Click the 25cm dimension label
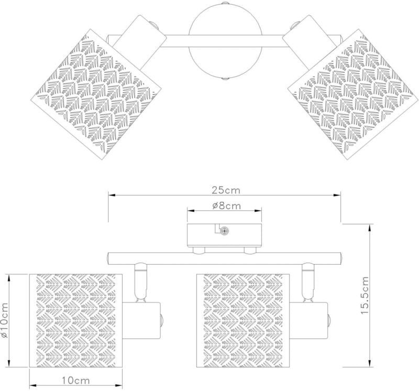[226, 190]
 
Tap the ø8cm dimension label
[227, 205]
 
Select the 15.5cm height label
[365, 295]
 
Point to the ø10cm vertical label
[5, 320]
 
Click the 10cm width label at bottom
[76, 380]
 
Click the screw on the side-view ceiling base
[224, 231]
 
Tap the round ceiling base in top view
[225, 41]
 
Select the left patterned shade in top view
[98, 94]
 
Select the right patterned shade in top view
[353, 94]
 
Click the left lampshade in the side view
[75, 320]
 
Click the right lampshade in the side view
[243, 320]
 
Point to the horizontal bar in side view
[225, 258]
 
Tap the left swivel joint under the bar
[140, 281]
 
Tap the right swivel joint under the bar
[307, 281]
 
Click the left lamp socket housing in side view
[141, 321]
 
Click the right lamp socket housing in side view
[309, 321]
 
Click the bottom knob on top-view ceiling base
[225, 79]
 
